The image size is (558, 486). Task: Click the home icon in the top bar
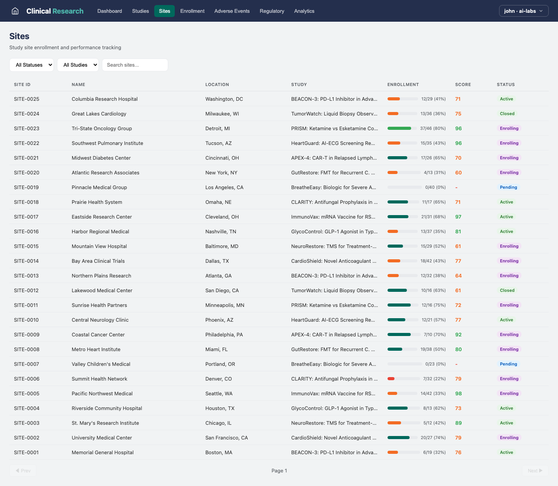coord(15,11)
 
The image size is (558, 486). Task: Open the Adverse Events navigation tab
coord(232,11)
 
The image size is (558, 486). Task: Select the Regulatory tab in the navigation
coord(272,11)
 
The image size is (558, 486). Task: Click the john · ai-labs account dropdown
coord(524,11)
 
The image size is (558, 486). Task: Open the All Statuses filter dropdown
coord(32,65)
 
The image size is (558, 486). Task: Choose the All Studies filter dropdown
coord(78,65)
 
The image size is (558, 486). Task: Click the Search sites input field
coord(135,65)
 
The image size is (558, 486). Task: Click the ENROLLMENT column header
coord(403,84)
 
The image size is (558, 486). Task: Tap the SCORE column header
coord(463,84)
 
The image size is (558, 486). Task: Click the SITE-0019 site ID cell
coord(26,187)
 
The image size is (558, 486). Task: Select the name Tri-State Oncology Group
coord(102,128)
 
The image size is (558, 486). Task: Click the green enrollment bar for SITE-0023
coord(399,128)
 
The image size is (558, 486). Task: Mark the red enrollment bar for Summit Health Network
coord(391,379)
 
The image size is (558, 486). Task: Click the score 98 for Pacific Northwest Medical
coord(458,393)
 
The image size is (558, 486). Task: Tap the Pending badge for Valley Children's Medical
coord(508,364)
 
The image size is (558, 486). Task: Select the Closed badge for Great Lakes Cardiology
coord(507,114)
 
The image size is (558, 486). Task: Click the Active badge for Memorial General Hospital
coord(506,452)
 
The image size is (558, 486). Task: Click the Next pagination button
coord(535,470)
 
